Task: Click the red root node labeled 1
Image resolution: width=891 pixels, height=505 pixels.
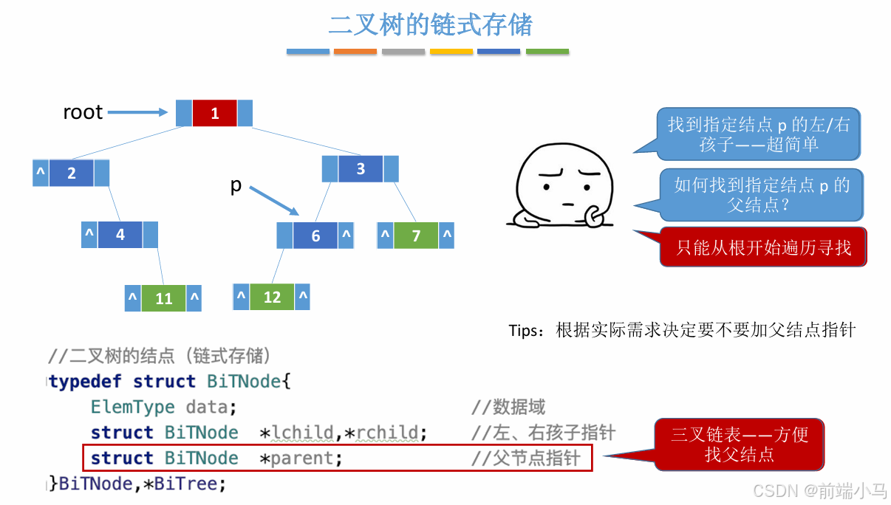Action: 214,113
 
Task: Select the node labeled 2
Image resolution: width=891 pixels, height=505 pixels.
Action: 72,173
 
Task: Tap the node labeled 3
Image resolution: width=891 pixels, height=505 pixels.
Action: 361,168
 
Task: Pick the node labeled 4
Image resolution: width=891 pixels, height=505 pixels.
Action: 120,235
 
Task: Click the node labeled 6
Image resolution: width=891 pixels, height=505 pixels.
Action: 315,236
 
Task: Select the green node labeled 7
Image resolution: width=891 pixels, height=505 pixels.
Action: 416,236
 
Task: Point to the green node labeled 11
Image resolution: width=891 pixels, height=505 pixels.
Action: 163,298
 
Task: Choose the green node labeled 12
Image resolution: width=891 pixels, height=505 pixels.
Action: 272,297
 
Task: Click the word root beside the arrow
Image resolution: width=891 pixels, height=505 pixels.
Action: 83,112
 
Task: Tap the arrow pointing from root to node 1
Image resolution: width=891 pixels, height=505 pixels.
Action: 138,112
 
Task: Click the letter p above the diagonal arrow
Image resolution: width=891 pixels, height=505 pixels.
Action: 236,185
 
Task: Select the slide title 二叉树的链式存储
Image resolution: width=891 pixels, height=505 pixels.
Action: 430,25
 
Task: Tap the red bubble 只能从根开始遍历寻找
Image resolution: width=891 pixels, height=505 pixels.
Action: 763,247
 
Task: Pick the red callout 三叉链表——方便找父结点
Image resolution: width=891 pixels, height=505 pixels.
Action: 739,444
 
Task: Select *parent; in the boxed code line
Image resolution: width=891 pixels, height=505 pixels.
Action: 301,458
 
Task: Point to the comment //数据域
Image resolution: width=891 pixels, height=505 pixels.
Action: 508,407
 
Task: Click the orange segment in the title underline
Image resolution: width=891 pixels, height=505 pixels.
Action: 355,52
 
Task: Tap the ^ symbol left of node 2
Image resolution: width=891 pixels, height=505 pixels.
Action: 41,173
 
